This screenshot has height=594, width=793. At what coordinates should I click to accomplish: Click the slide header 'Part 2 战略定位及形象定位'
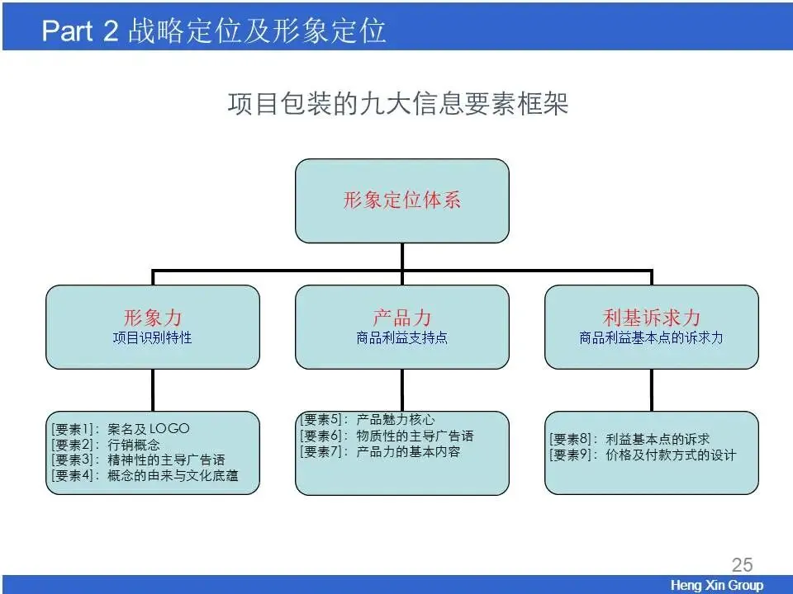click(213, 31)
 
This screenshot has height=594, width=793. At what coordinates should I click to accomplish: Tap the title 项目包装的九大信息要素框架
click(397, 105)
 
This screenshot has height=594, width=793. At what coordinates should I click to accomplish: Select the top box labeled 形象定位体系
click(402, 200)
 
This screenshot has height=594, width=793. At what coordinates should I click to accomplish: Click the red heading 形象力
click(153, 318)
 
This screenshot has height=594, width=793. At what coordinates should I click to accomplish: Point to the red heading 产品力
click(402, 318)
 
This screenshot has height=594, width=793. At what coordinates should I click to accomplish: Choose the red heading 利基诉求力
click(652, 318)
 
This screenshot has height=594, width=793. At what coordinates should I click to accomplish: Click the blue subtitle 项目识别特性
click(153, 337)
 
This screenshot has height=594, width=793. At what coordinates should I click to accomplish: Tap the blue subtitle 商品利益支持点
click(402, 337)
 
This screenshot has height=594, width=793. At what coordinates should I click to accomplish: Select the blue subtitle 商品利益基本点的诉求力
click(652, 337)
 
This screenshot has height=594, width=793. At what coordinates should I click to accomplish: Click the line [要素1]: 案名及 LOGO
click(121, 429)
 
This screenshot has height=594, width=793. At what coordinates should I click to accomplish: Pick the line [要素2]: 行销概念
click(106, 445)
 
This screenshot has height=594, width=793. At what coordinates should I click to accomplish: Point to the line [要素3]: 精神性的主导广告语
click(137, 460)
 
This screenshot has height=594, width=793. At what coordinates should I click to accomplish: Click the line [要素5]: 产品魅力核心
click(367, 420)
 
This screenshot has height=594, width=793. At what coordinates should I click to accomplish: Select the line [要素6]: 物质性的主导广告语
click(387, 436)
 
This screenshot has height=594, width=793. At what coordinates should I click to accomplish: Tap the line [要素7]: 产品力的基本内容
click(380, 451)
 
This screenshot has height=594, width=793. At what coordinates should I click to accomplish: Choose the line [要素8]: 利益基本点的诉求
click(629, 439)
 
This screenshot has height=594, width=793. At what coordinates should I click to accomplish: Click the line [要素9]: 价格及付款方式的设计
click(643, 455)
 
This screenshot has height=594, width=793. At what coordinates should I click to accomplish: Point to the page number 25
click(742, 565)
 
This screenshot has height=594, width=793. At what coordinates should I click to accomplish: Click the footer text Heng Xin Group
click(717, 586)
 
